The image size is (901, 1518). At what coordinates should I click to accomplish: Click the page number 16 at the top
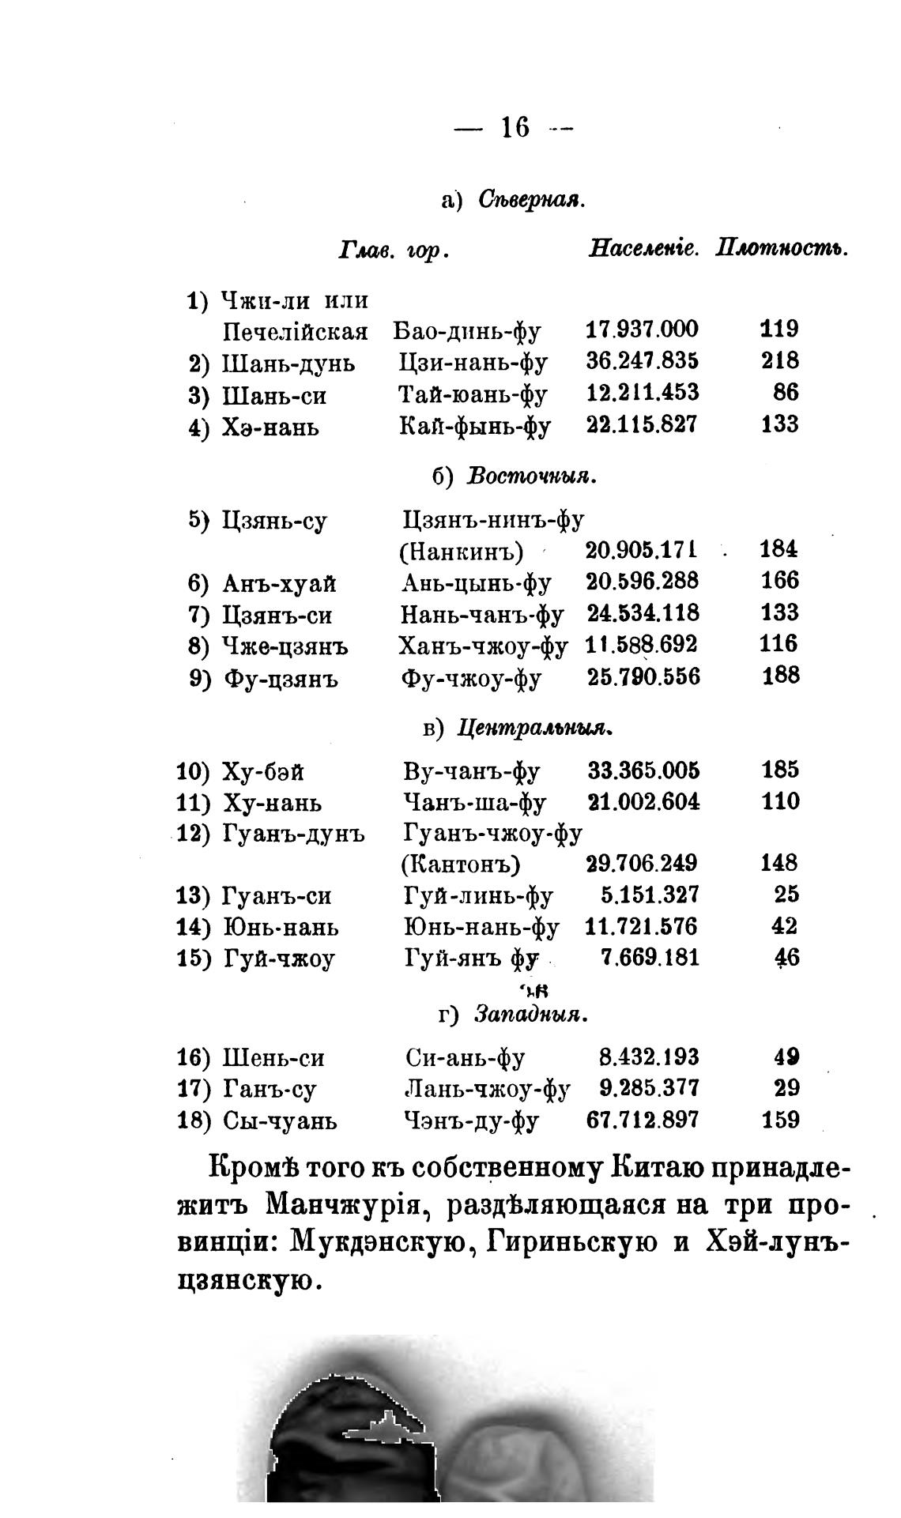[515, 127]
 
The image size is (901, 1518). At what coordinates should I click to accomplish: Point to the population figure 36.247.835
[643, 361]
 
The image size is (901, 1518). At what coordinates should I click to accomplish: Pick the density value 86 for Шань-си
[786, 393]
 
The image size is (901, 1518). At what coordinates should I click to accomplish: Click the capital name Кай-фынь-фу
[475, 426]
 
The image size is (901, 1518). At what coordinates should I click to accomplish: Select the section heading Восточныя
[530, 477]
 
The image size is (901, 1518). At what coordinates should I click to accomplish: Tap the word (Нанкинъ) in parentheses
[462, 551]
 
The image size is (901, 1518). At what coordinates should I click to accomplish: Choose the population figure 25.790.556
[643, 676]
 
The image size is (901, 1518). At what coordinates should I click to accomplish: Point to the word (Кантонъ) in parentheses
[461, 864]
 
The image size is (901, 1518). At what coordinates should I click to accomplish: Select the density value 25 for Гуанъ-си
[786, 895]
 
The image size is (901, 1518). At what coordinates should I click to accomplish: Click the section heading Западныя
[531, 1014]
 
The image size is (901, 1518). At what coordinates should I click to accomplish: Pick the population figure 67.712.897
[643, 1121]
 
